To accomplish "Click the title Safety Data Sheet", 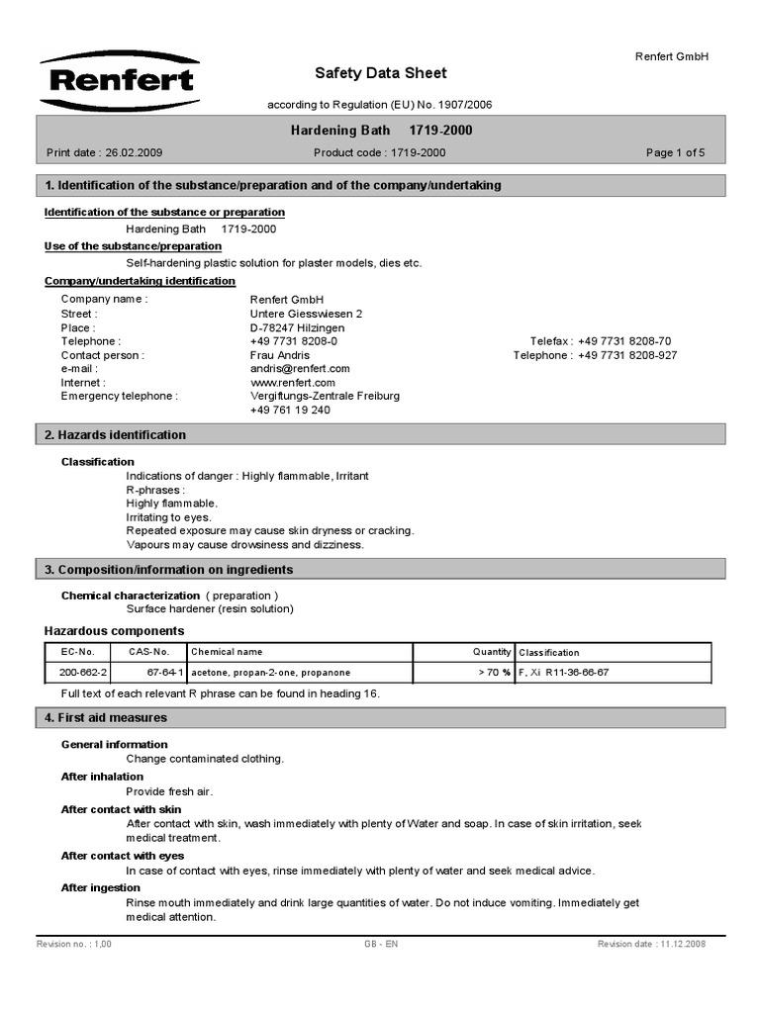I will [380, 73].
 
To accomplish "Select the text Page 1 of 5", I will [675, 152].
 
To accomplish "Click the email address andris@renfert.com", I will [300, 368].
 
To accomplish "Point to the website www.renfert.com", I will [293, 382].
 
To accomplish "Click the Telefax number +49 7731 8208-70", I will [624, 341].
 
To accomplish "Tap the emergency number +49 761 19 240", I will [290, 410].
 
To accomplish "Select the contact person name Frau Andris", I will [280, 355].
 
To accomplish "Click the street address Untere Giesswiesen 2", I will [307, 314].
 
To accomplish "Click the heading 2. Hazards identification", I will [115, 434].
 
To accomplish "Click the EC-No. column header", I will [78, 652].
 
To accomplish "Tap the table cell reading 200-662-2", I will [84, 673].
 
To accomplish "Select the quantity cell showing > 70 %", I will [492, 673].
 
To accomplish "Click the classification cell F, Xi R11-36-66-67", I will [563, 673].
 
